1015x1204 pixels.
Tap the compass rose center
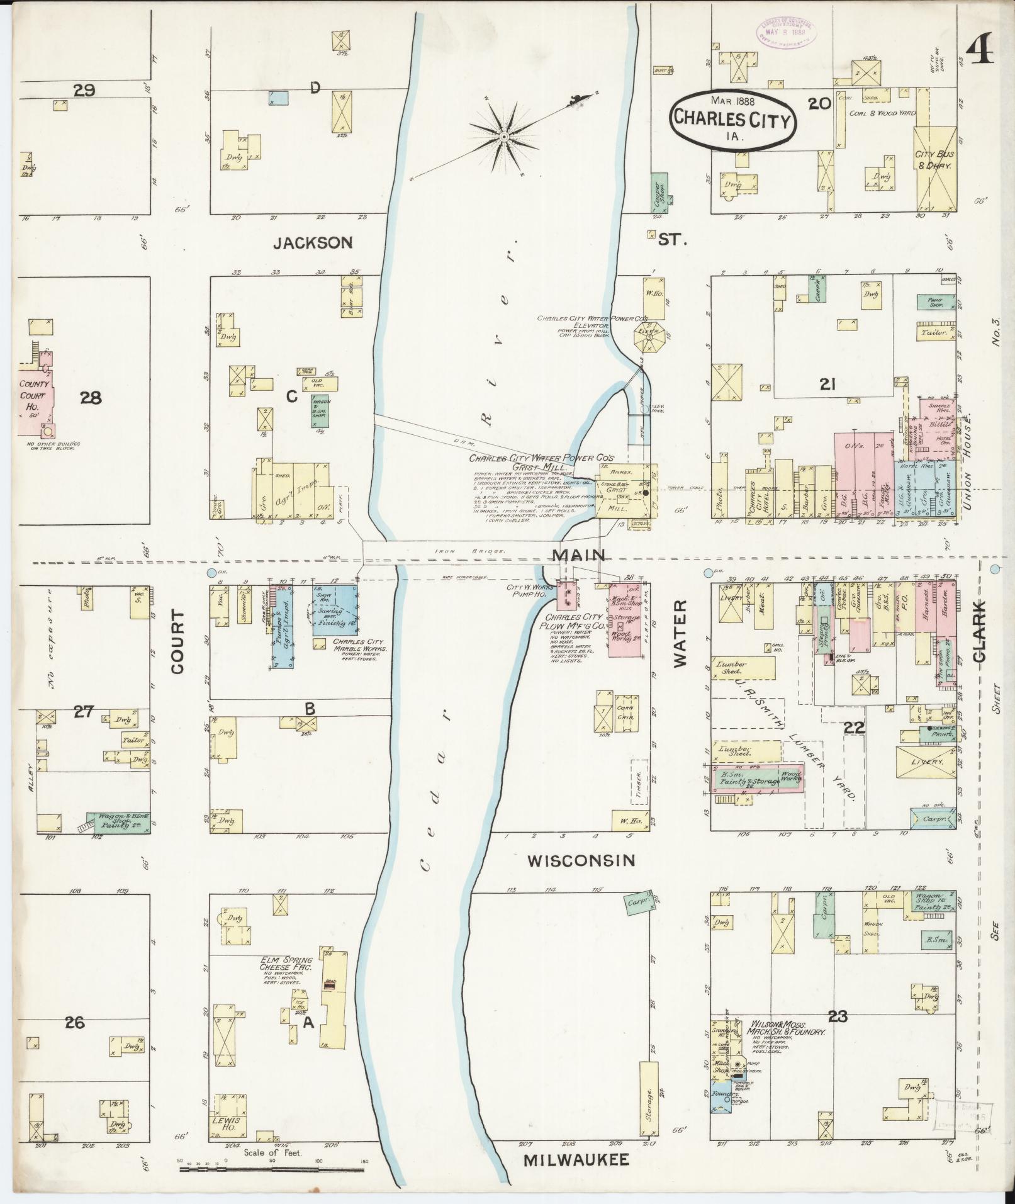(x=503, y=136)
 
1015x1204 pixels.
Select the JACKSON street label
(x=313, y=242)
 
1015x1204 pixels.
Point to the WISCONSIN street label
(x=581, y=860)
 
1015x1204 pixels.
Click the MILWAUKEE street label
(x=576, y=1160)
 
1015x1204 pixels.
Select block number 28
(x=91, y=398)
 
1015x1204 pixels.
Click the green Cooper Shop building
(x=659, y=193)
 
